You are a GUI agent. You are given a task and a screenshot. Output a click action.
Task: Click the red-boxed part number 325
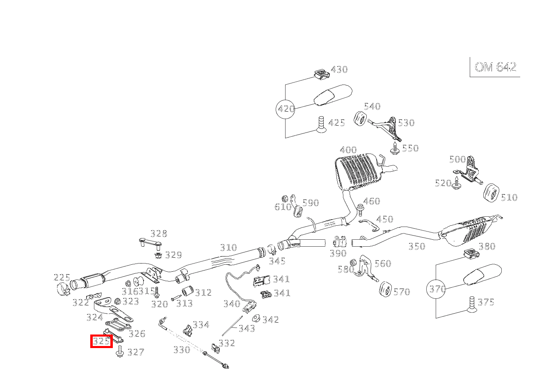101,341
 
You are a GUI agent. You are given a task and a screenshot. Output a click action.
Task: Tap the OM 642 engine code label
495,67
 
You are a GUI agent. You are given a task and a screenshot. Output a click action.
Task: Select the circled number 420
286,109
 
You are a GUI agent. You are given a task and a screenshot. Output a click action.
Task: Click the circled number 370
437,289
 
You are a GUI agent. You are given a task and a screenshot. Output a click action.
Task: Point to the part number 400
348,150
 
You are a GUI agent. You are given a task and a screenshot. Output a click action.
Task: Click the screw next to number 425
321,124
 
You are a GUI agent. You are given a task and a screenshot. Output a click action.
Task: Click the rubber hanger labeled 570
386,289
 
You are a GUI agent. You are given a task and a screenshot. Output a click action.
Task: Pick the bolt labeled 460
360,210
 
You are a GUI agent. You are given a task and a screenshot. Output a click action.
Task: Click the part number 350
416,246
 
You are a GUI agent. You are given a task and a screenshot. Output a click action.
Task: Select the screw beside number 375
471,305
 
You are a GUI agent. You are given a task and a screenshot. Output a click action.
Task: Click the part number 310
228,247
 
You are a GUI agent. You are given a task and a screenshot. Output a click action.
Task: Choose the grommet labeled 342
256,319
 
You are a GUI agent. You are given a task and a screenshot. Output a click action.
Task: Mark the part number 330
181,350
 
